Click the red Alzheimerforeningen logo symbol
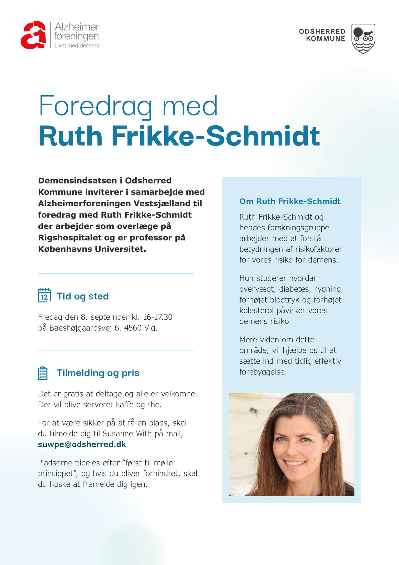point(33,35)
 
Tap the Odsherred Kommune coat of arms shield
point(363,38)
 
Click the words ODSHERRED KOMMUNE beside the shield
point(322,35)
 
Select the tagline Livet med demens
point(77,46)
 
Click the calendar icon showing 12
point(44,296)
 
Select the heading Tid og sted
point(83,296)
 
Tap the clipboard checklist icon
point(43,373)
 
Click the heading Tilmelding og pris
point(98,373)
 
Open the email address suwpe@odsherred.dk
point(82,445)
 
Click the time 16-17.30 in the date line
point(157,317)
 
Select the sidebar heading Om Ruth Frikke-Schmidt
point(290,201)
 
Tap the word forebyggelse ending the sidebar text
point(263,372)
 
